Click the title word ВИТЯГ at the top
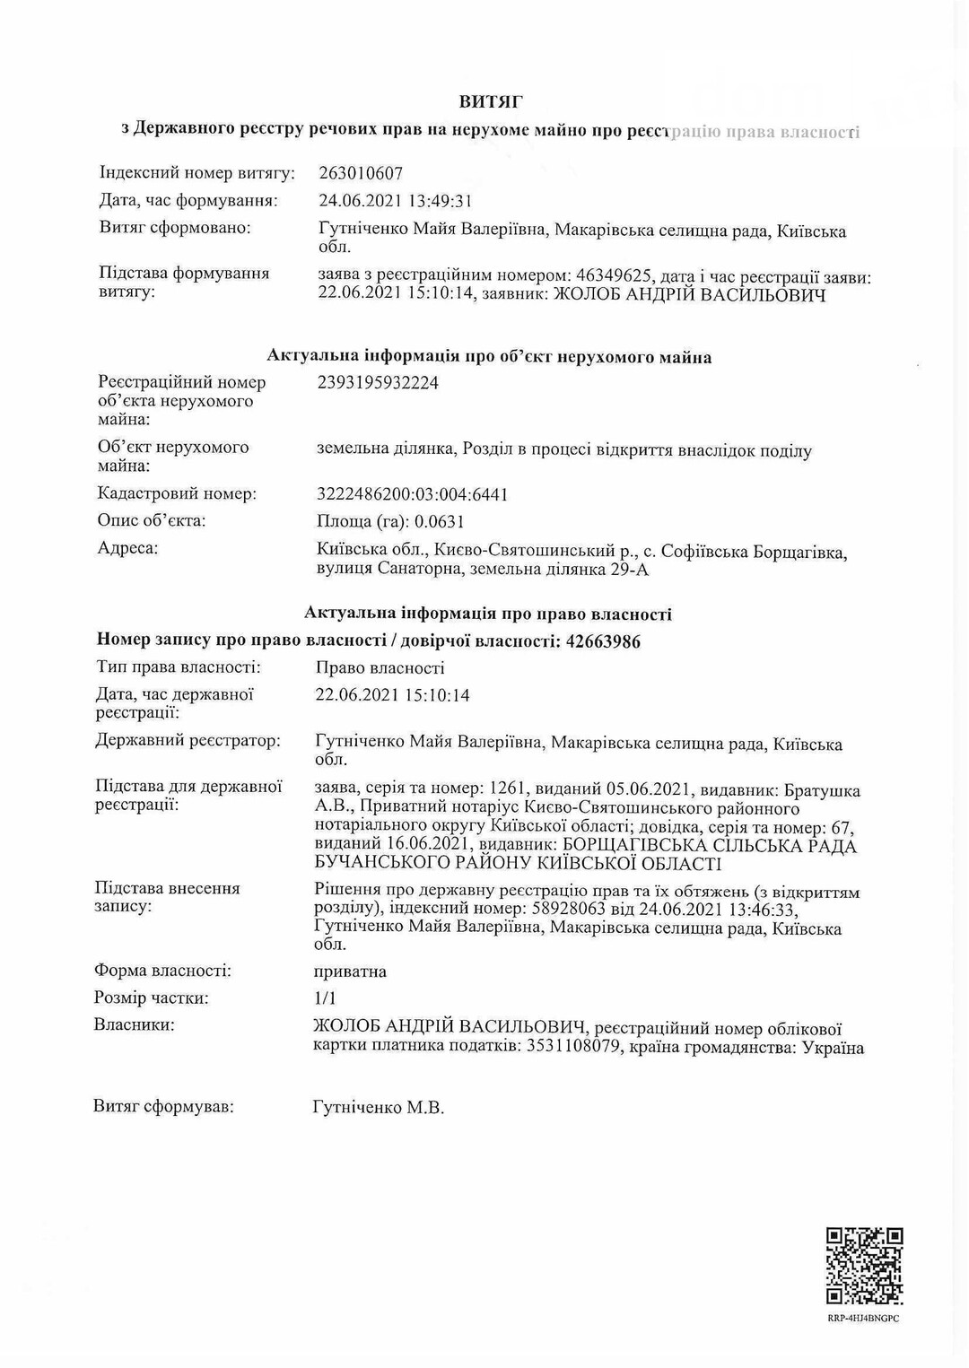pos(491,102)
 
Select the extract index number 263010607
pos(361,174)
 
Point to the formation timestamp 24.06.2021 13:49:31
pos(395,201)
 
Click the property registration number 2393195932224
pos(378,383)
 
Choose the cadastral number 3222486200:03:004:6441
pos(413,494)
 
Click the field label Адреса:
pos(127,548)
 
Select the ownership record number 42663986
pos(604,641)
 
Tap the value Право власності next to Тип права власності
pos(380,668)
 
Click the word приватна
pos(350,972)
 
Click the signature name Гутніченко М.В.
pos(378,1108)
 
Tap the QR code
pos(864,1266)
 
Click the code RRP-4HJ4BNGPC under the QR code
pos(863,1319)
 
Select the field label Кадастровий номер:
pos(177,494)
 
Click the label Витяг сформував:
pos(163,1107)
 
